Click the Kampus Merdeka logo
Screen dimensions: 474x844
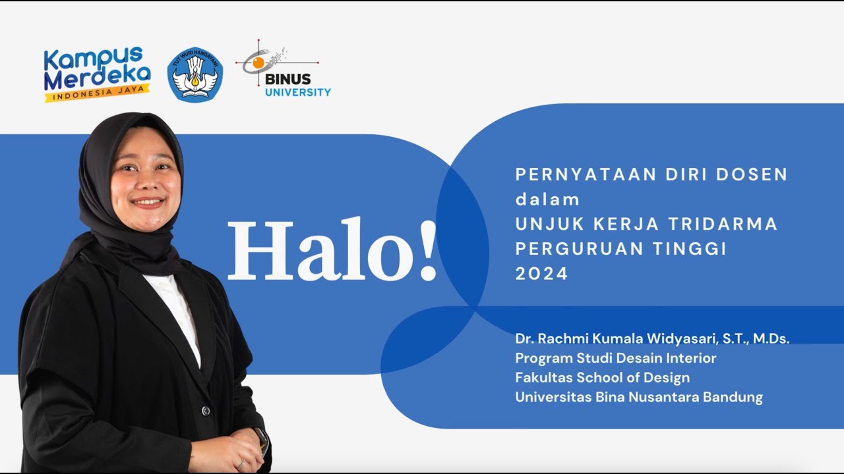[x=97, y=72]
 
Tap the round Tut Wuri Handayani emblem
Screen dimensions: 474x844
[x=195, y=74]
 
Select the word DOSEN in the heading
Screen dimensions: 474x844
[x=753, y=174]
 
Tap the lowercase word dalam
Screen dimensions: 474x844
[x=547, y=199]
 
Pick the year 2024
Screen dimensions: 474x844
[x=541, y=274]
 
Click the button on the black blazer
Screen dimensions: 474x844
[x=206, y=411]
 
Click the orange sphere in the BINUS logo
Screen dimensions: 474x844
[x=258, y=63]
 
